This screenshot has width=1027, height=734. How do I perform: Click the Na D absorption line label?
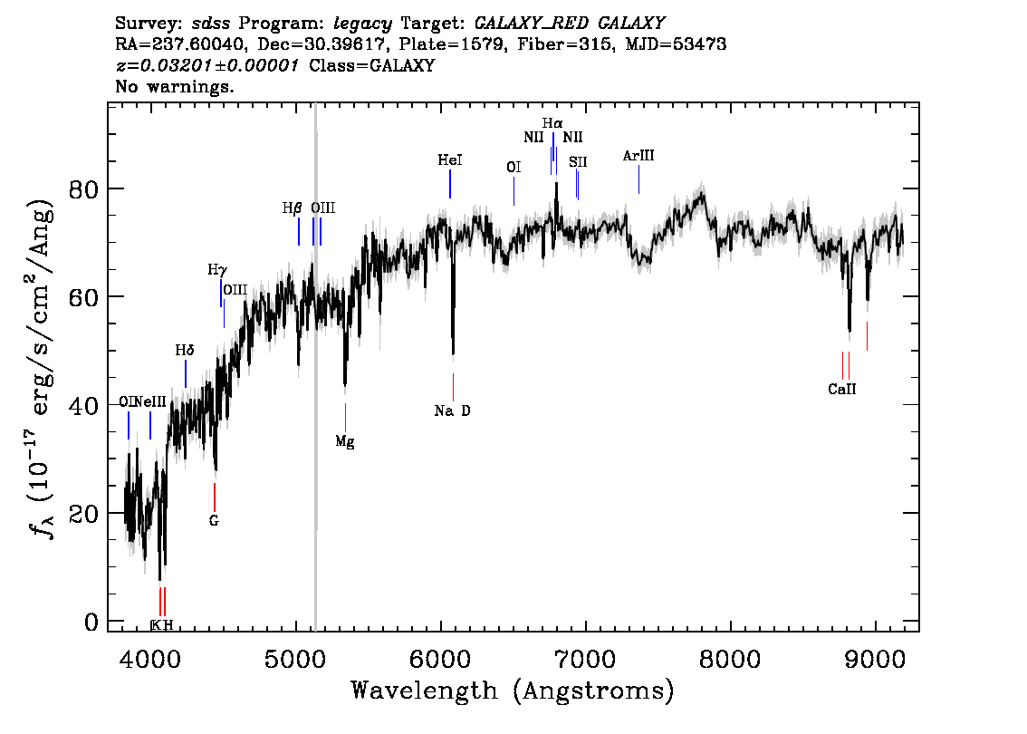click(x=452, y=410)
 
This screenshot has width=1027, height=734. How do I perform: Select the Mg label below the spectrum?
click(x=344, y=441)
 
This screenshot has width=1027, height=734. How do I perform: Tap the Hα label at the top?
click(x=552, y=123)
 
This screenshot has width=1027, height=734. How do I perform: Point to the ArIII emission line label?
click(x=638, y=156)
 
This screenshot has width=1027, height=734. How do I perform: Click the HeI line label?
click(x=450, y=159)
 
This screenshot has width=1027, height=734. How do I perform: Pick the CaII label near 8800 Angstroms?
click(x=842, y=390)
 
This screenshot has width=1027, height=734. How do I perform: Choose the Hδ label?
click(x=185, y=351)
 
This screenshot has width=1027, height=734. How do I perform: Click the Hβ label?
click(x=293, y=208)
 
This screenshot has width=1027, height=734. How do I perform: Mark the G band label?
click(x=214, y=521)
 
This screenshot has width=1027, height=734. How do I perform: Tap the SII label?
click(x=578, y=162)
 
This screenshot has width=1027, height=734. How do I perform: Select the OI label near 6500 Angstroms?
click(x=513, y=168)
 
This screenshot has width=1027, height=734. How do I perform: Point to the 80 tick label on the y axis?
click(x=83, y=188)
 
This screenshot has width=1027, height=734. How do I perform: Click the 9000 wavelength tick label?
click(x=874, y=659)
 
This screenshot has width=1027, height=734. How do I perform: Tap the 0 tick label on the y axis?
click(x=91, y=622)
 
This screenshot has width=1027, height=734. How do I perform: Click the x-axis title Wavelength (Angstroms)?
click(x=513, y=691)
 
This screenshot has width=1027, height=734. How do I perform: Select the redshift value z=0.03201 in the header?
click(x=207, y=65)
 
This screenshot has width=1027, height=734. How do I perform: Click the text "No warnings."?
click(x=174, y=86)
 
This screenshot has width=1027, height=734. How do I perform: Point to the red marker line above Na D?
click(x=453, y=387)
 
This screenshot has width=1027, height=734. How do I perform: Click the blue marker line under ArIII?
click(x=638, y=179)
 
